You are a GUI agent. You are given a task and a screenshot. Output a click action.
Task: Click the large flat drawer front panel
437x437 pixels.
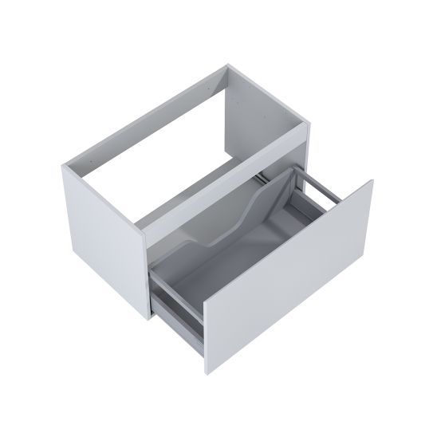(x=287, y=271)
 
